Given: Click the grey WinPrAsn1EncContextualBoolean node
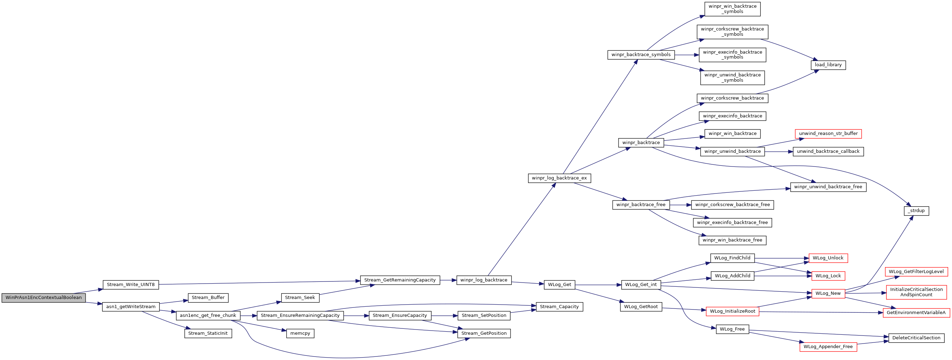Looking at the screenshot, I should (43, 298).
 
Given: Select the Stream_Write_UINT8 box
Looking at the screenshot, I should (131, 285).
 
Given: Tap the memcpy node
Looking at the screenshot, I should (300, 333).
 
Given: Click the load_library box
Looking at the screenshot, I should (828, 65).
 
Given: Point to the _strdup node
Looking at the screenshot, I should (916, 211).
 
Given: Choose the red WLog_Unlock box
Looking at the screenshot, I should (828, 258).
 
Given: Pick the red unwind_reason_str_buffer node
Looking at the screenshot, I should (828, 134).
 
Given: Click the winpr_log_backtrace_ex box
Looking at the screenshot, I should (559, 178).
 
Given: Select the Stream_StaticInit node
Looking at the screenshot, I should (208, 333).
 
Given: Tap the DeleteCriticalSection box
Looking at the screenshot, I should (916, 338).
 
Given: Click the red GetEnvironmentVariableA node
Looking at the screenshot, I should (916, 313).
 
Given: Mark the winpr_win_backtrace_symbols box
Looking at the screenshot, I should (732, 9).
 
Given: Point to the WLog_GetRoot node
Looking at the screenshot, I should (641, 307).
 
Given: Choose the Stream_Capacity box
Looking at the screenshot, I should (559, 307).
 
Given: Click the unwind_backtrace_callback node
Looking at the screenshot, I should (828, 151).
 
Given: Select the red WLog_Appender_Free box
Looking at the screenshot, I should (828, 347).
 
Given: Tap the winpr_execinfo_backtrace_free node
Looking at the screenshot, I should (732, 223).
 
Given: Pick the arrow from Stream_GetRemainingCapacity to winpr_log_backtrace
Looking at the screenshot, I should (448, 280).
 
